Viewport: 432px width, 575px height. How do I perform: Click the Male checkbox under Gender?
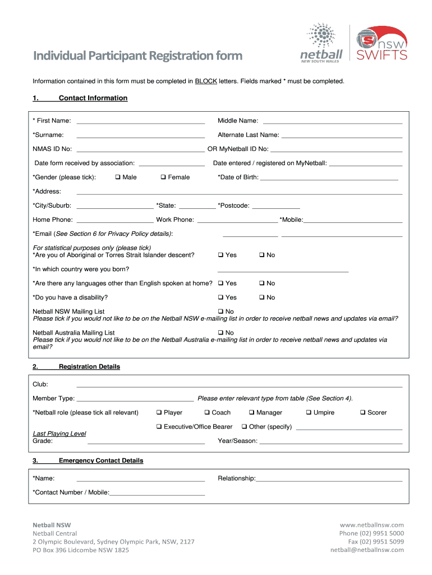coord(118,177)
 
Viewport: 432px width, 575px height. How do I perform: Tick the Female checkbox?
coord(163,177)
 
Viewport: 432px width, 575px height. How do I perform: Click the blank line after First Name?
coord(140,121)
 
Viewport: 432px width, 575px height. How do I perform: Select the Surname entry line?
coord(140,136)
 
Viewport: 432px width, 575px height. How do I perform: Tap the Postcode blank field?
coord(276,207)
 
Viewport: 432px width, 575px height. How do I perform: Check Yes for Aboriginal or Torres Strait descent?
coord(221,255)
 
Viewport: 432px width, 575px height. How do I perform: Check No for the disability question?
coord(262,298)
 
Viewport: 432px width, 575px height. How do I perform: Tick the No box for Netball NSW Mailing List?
coord(221,312)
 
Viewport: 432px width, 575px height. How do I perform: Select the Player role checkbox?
coord(159,413)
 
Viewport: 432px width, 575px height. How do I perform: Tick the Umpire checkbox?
coord(309,413)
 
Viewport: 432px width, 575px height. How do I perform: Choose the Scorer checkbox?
coord(362,413)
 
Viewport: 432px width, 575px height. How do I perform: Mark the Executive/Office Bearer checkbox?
coord(159,427)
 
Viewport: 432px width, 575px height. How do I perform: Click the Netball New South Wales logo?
coord(321,43)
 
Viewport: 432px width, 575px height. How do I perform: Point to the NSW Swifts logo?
coord(382,43)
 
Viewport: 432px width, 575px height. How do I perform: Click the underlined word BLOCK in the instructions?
coord(206,81)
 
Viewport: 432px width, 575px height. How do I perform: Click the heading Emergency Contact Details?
coord(101,460)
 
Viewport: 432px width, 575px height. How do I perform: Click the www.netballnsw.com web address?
coord(371,524)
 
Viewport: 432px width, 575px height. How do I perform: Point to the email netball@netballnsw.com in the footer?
coord(367,550)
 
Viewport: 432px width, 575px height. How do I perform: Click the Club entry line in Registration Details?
coord(239,386)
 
